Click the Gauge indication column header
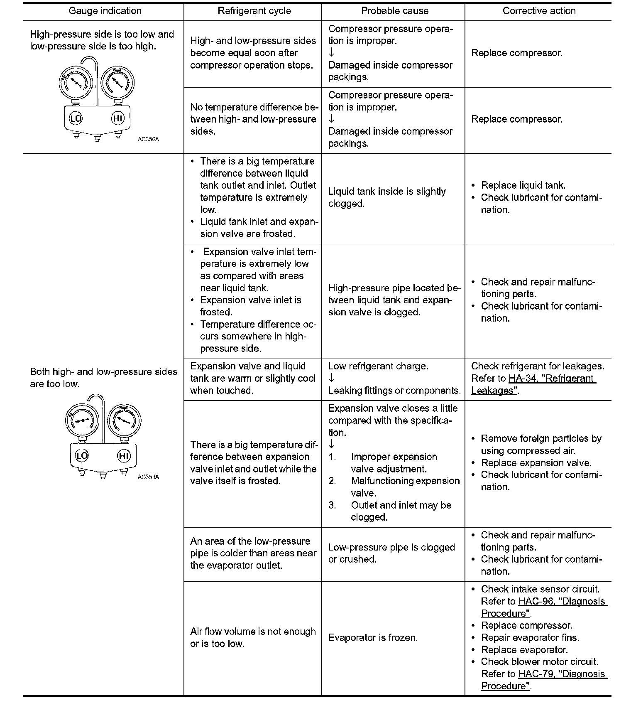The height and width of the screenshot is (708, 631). click(x=105, y=11)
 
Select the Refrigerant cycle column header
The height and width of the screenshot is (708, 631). click(x=254, y=11)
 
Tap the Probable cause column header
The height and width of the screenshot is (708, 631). click(x=394, y=11)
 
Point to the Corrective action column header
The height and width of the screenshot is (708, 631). click(x=539, y=11)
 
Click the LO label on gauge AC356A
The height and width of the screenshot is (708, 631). click(x=76, y=119)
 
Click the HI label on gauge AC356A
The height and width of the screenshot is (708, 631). click(x=118, y=119)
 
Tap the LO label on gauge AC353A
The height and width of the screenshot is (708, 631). click(x=81, y=456)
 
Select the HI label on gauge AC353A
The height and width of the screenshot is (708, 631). click(x=124, y=456)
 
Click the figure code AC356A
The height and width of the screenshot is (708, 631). click(x=148, y=140)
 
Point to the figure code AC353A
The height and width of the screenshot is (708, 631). click(x=148, y=477)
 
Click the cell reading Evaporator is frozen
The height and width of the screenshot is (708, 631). click(x=373, y=638)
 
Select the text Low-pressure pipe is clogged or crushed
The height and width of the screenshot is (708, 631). click(x=391, y=553)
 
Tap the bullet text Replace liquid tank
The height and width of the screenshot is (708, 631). click(x=523, y=185)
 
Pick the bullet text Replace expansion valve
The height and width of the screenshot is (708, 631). click(x=536, y=463)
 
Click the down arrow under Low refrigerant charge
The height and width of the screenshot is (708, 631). click(x=331, y=379)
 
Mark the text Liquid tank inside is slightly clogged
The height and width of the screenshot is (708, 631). click(x=387, y=197)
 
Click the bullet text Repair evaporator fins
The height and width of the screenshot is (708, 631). click(x=530, y=638)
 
